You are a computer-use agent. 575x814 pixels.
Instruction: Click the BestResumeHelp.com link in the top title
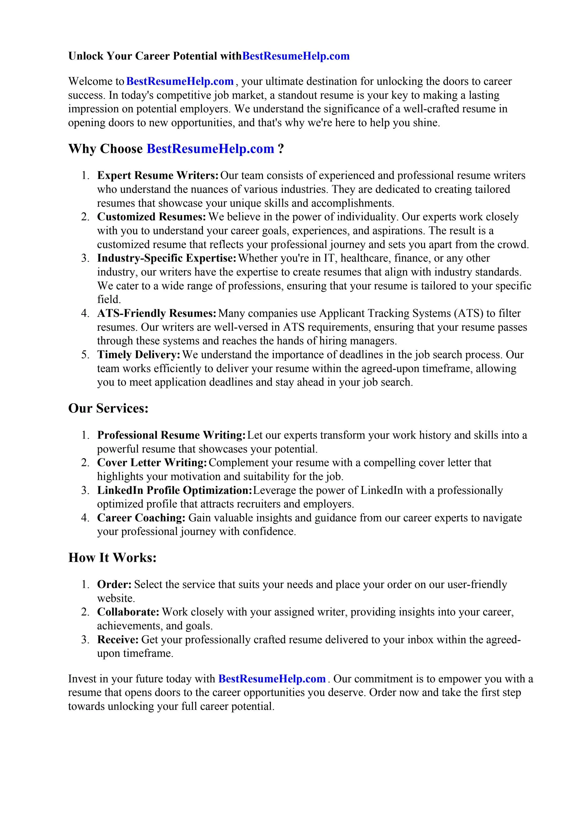296,56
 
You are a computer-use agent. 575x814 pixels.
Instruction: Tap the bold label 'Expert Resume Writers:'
158,175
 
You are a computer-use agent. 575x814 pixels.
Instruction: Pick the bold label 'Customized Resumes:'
151,216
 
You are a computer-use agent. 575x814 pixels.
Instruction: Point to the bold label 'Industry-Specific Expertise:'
167,258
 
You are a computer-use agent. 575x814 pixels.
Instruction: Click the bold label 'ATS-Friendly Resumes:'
157,313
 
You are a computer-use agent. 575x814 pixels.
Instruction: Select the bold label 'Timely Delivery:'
139,355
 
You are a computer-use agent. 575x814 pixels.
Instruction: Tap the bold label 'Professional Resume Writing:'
171,435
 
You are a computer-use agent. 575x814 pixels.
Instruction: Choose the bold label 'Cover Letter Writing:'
152,463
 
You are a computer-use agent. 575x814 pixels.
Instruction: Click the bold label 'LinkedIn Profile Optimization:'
175,490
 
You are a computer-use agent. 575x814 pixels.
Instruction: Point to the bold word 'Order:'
114,584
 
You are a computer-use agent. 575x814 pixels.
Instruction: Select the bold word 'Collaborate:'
128,612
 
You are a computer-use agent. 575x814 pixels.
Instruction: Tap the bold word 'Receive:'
118,640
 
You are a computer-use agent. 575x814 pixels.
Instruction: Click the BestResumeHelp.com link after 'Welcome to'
180,82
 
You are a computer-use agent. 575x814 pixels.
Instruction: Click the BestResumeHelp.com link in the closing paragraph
272,679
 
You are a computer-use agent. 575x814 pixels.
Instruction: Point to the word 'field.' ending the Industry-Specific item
109,300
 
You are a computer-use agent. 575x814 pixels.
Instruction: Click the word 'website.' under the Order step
116,598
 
